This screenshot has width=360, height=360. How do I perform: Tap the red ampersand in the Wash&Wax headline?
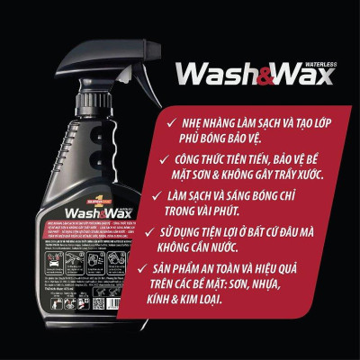[x=273, y=75]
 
